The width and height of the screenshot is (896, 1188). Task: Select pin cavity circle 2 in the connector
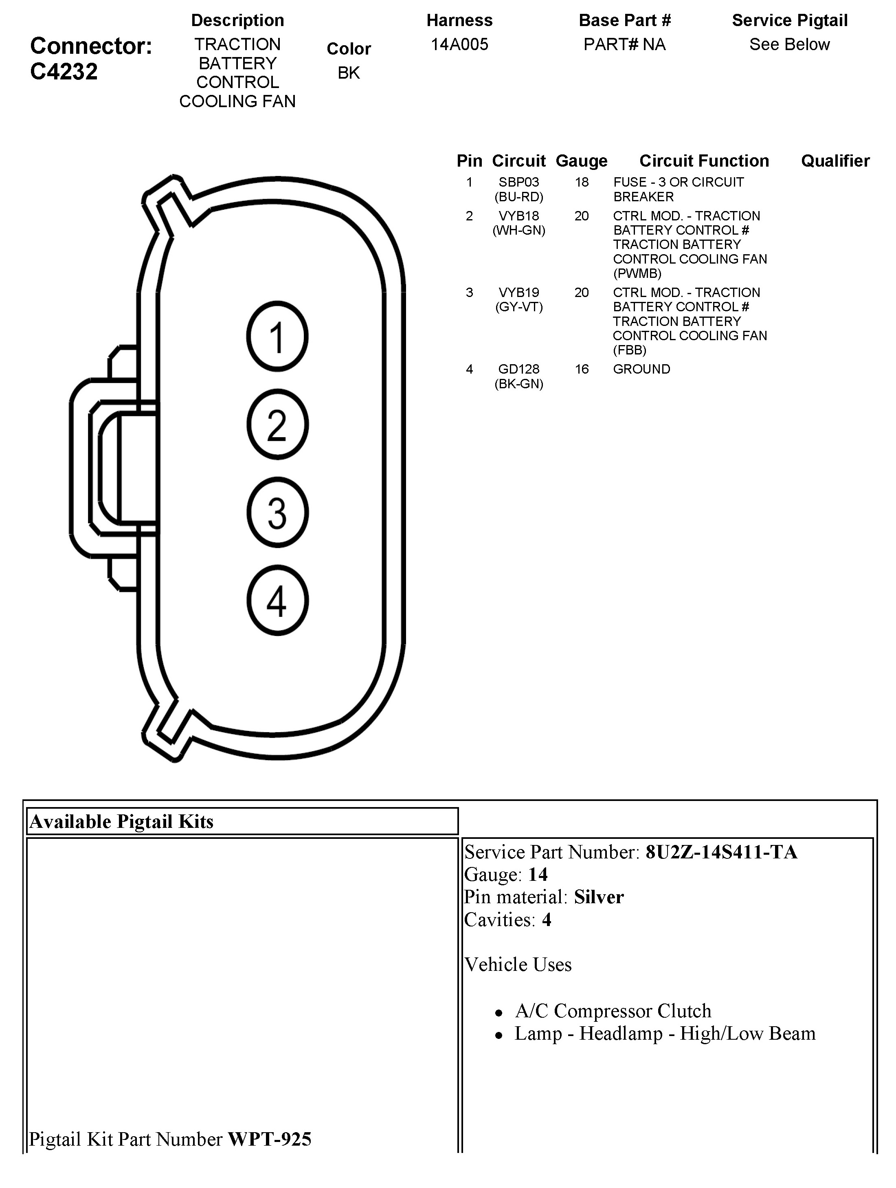277,424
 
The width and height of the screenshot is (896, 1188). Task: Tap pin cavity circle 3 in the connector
277,513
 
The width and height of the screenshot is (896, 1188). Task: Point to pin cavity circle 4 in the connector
277,601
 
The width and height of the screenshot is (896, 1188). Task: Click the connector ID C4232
64,71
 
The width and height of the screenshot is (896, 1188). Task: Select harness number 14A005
459,44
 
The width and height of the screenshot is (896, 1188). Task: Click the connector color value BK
348,73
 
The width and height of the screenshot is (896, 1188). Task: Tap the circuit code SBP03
518,182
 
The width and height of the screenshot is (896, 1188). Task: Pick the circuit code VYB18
518,216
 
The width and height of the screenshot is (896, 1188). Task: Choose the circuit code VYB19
518,293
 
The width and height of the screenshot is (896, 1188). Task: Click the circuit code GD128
518,369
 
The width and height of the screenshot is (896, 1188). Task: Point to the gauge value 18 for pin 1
582,182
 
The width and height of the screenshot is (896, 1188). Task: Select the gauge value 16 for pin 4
582,369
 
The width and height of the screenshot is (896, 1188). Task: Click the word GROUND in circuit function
641,369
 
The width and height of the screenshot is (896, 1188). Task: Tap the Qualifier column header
835,161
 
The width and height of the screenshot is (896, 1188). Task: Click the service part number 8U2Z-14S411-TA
721,852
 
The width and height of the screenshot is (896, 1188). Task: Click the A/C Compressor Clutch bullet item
613,1011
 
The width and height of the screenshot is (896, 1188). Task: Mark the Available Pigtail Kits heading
121,821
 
